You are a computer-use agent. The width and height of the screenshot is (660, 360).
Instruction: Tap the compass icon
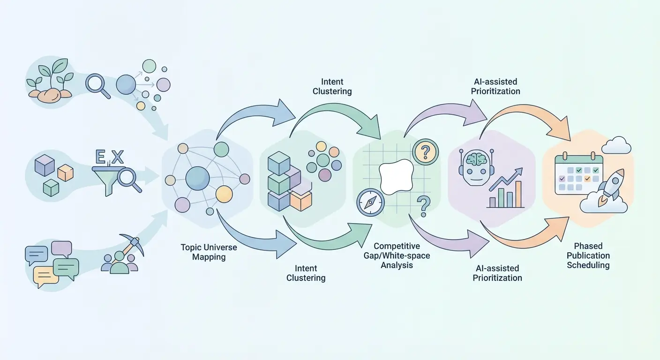click(x=370, y=202)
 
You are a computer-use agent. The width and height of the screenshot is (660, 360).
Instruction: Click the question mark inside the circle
click(x=426, y=151)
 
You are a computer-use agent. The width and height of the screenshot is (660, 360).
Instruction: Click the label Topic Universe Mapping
click(x=209, y=252)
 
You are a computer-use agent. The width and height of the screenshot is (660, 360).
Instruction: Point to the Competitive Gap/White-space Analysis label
click(x=397, y=255)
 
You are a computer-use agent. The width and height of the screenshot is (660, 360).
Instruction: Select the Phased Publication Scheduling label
click(x=588, y=255)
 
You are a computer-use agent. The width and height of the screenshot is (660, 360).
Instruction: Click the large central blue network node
click(x=197, y=178)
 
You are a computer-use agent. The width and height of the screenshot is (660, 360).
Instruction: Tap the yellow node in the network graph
click(x=224, y=194)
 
